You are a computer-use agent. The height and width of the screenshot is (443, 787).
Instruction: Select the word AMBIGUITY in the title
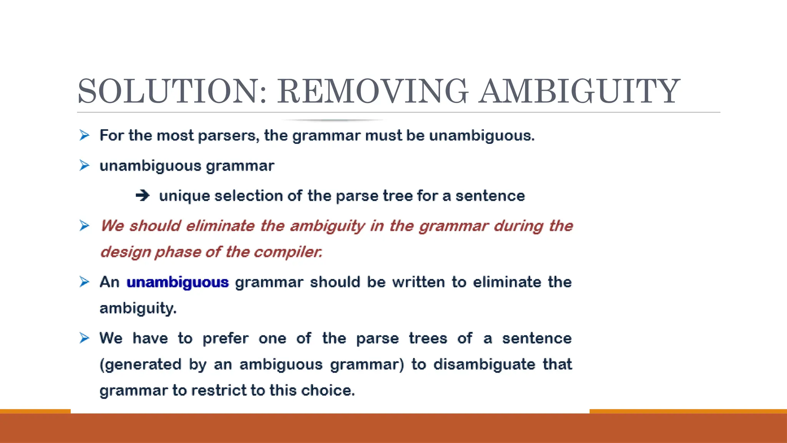(579, 92)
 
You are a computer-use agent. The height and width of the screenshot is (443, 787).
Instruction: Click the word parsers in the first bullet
(229, 136)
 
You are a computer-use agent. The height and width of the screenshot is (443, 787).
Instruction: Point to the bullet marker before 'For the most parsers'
(85, 135)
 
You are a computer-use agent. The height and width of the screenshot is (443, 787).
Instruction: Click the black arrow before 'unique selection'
(143, 196)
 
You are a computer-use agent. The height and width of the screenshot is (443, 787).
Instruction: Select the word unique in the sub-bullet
(184, 196)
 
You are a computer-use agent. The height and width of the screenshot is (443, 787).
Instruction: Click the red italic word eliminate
(220, 226)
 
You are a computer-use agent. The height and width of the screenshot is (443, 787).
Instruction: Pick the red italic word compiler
(287, 252)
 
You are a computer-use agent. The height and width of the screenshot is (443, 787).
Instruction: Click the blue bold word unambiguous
(178, 282)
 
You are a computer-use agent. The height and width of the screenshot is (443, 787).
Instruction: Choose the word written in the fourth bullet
(418, 282)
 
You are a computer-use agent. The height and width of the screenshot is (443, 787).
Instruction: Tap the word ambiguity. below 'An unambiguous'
(138, 308)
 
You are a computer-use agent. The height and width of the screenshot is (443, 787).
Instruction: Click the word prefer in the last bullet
(226, 338)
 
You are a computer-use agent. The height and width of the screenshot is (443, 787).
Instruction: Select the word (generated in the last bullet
(140, 365)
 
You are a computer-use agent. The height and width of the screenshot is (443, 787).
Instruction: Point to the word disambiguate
(484, 365)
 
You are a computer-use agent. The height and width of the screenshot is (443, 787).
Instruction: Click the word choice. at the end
(328, 391)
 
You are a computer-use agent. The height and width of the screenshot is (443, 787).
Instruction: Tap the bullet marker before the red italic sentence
(85, 226)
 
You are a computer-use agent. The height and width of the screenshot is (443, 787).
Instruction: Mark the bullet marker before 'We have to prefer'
(85, 338)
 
